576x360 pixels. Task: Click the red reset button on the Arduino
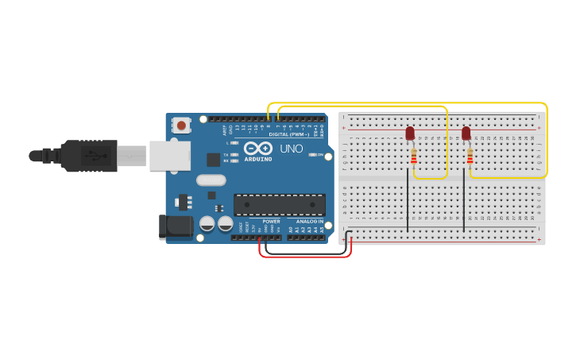click(182, 125)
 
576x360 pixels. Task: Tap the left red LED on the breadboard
click(410, 133)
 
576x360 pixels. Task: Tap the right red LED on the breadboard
click(466, 133)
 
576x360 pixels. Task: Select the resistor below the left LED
click(413, 156)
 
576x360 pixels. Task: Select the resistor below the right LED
click(470, 156)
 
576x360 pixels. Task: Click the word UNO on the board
click(291, 149)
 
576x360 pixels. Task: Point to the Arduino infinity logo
click(257, 148)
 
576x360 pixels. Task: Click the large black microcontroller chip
click(279, 204)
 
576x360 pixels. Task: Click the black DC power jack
click(175, 226)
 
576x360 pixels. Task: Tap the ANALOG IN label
click(310, 222)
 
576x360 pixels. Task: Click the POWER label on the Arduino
click(271, 222)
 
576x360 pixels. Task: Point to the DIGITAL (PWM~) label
click(289, 134)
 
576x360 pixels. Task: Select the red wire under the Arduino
click(306, 257)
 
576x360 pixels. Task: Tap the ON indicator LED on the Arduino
click(312, 154)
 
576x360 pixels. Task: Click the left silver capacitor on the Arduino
click(207, 223)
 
